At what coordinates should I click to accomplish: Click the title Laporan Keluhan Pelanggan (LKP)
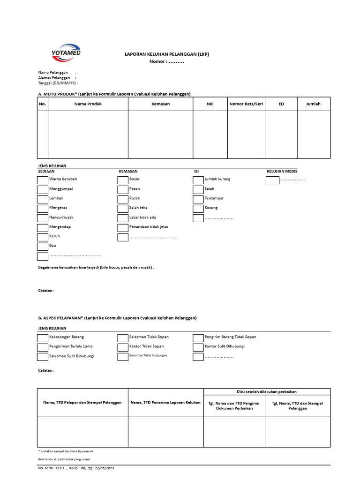166,54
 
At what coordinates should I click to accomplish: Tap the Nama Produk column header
88,104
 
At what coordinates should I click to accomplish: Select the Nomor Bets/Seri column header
246,104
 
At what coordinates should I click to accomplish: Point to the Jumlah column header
313,104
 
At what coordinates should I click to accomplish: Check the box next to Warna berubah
42,180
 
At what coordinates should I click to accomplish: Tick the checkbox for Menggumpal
42,189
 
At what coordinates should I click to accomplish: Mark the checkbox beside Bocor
123,180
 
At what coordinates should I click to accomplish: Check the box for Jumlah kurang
198,180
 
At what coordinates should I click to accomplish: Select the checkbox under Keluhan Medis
272,180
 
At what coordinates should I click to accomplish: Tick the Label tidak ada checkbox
123,218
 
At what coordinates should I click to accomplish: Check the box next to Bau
42,247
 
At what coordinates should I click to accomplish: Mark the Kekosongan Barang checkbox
42,337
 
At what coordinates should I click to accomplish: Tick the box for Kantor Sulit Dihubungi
198,347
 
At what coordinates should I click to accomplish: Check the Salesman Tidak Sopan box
123,337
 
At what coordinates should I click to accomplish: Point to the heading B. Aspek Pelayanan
117,318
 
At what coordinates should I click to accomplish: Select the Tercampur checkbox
198,199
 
